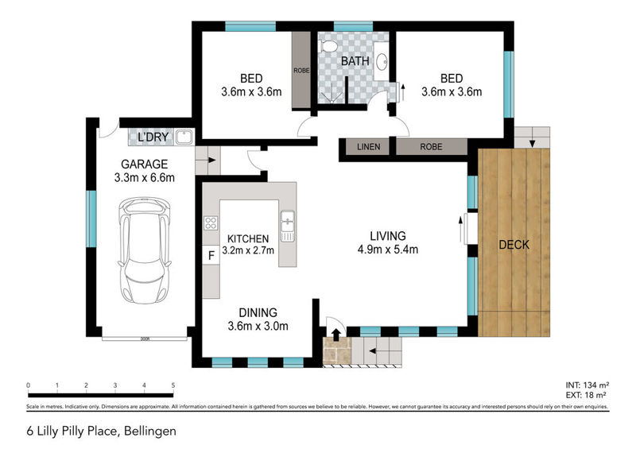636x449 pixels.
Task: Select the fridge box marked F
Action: coord(211,256)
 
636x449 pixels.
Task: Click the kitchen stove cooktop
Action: coord(211,224)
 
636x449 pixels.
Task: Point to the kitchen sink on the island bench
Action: coord(288,225)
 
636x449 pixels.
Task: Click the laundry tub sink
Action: coord(184,138)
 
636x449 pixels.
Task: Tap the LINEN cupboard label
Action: coord(367,147)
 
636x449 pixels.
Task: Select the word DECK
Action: coord(513,245)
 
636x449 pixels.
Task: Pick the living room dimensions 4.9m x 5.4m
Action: coord(387,250)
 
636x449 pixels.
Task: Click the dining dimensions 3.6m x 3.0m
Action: coord(258,326)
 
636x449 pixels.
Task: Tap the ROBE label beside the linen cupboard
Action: coord(431,147)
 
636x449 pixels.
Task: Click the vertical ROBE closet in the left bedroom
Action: coord(301,70)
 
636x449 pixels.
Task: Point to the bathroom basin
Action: coord(382,60)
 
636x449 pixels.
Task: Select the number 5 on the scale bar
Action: coord(173,386)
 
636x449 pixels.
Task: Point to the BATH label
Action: coord(354,60)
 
